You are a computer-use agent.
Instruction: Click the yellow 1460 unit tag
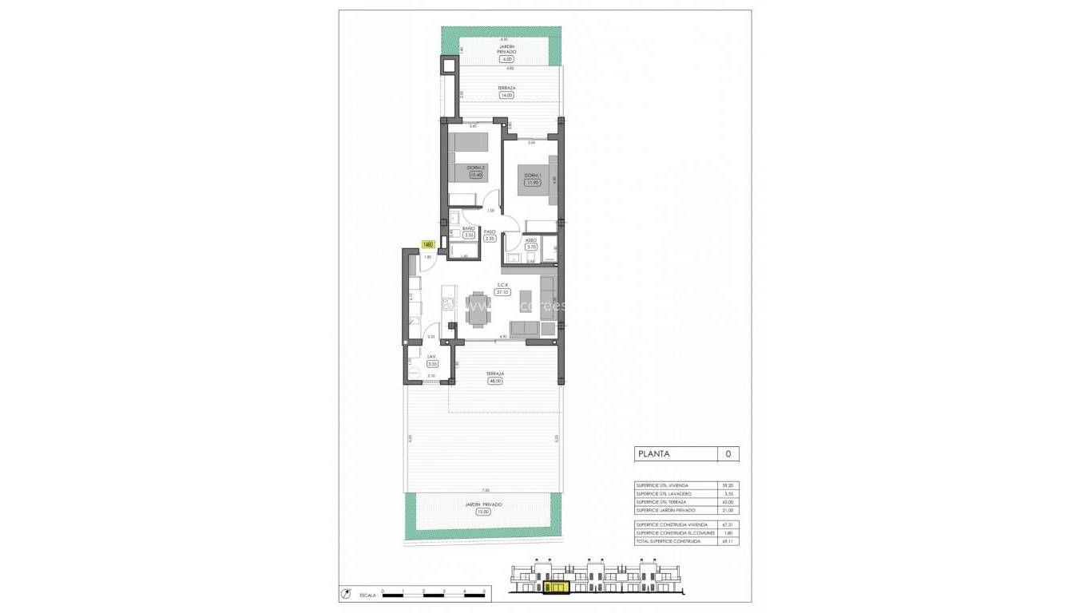[428, 244]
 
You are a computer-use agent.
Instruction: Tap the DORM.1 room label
[533, 175]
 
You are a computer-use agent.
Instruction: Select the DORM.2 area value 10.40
[476, 175]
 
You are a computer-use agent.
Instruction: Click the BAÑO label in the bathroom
[469, 229]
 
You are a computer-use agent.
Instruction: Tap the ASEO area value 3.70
[532, 247]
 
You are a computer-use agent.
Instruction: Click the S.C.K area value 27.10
[503, 292]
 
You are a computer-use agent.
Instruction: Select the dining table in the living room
[479, 308]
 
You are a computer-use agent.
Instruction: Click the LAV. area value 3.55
[431, 363]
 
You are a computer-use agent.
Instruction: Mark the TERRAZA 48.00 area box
[495, 381]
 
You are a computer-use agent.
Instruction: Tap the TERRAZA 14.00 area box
[506, 95]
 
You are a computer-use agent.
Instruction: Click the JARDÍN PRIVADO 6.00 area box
[506, 59]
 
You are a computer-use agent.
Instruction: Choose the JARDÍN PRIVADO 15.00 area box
[484, 512]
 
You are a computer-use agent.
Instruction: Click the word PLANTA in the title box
[654, 454]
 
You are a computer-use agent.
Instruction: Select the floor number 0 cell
[728, 454]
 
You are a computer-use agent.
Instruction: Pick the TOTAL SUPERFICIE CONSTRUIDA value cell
[727, 541]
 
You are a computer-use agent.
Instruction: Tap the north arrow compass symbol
[346, 594]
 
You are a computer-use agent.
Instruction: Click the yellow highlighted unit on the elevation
[556, 589]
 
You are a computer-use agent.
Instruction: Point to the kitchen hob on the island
[447, 303]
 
